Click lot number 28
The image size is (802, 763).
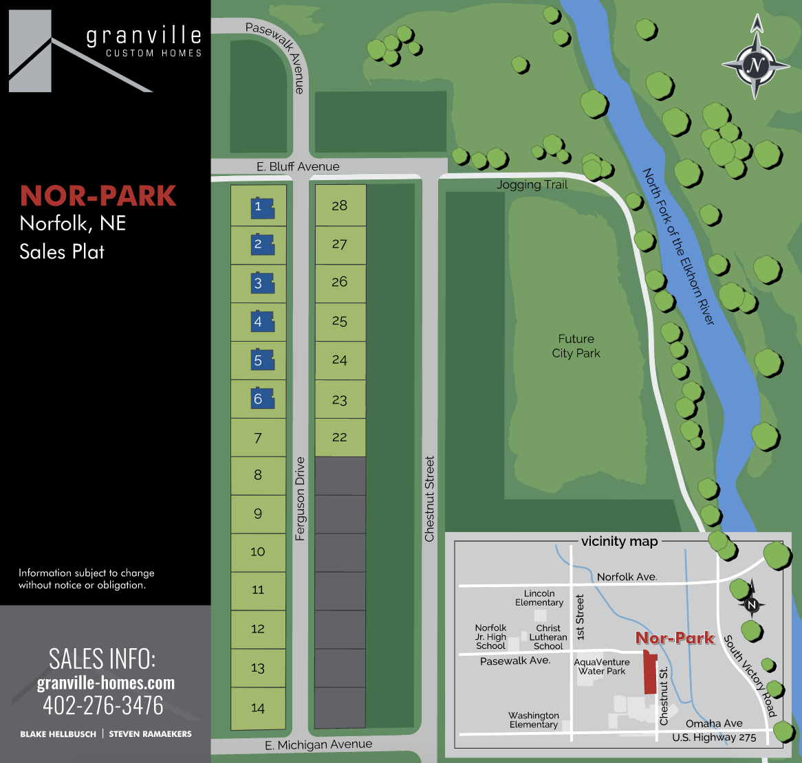point(339,206)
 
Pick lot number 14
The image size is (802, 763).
point(258,708)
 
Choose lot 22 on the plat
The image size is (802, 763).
point(339,437)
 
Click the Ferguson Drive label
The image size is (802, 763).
point(300,499)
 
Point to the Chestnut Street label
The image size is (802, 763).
point(430,498)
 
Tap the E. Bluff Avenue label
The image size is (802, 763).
point(298,166)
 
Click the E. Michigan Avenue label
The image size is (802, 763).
point(318,744)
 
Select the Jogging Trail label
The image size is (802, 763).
point(532,185)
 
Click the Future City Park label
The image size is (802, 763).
point(576,346)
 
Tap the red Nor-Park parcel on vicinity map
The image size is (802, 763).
point(648,674)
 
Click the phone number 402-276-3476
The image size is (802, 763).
point(103,705)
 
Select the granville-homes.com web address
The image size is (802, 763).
point(106,683)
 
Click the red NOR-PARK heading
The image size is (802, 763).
point(98,196)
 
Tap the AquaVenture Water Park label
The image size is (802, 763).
point(602,667)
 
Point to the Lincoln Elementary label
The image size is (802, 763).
point(539,597)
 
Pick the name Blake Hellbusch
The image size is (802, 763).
point(58,734)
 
